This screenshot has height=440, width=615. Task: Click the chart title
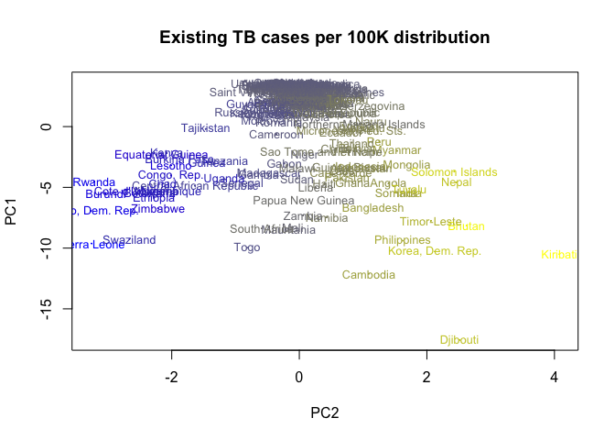[x=325, y=38]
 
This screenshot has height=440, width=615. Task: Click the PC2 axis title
[x=325, y=412]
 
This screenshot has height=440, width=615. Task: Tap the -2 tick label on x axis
[x=171, y=377]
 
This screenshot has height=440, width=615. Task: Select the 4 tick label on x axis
[x=554, y=377]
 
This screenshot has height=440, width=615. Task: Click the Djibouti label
[x=459, y=340]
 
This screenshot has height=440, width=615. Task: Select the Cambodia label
[x=369, y=275]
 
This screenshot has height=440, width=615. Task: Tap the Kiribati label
[x=558, y=255]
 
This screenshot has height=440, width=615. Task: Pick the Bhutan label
[x=466, y=226]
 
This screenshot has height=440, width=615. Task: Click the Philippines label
[x=402, y=240]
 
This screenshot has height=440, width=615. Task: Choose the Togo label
[x=247, y=247]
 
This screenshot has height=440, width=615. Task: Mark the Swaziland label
[x=129, y=240]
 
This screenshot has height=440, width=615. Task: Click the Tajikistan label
[x=205, y=128]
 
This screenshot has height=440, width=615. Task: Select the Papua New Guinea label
[x=303, y=201]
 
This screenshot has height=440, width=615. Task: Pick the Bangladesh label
[x=372, y=208]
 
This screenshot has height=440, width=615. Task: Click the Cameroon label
[x=275, y=136]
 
